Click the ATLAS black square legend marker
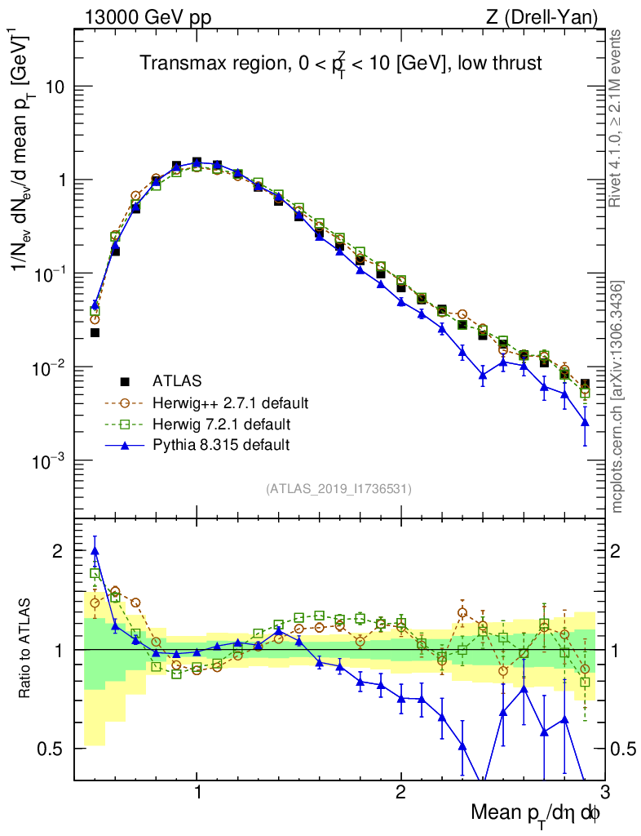[125, 380]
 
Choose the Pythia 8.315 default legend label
[220, 445]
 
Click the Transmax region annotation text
[340, 63]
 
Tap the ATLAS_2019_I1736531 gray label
[338, 489]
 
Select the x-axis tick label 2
[400, 793]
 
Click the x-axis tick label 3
[603, 793]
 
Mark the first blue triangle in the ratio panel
[95, 550]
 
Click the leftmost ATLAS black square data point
[95, 332]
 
